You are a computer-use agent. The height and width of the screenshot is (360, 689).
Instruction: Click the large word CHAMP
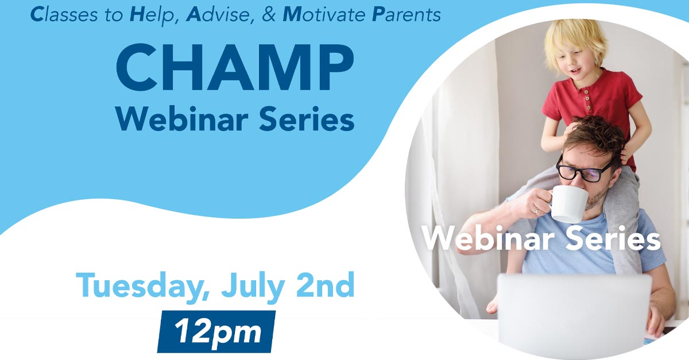pos(235,67)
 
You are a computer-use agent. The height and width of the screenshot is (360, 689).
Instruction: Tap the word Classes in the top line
pos(64,15)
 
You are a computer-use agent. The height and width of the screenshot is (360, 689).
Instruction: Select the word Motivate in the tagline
pos(324,15)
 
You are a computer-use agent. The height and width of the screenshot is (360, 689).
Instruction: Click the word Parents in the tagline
pos(407,15)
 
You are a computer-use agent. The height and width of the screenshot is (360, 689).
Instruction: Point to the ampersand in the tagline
pos(269,15)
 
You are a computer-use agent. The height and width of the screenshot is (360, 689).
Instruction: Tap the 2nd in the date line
pos(325,285)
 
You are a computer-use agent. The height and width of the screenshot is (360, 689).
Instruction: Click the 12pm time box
pos(216,331)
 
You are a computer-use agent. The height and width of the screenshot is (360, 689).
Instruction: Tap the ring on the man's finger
pos(537,212)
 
